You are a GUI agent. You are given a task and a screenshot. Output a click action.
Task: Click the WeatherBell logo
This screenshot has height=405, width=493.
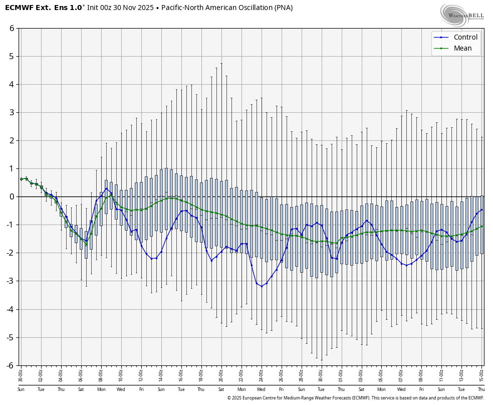(461, 15)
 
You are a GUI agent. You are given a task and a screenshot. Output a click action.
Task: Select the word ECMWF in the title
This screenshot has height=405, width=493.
(19, 8)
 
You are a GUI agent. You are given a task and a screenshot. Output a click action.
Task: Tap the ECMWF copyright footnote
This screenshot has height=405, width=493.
(355, 398)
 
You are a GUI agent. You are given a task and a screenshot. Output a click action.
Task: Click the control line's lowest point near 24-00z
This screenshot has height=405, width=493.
(262, 286)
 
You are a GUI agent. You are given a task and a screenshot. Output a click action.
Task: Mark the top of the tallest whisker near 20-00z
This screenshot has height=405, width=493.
(221, 63)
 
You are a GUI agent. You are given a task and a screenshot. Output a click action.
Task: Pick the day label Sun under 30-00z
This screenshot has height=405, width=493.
(21, 389)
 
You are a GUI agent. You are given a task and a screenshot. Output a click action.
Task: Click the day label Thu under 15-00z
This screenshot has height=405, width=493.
(481, 389)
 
